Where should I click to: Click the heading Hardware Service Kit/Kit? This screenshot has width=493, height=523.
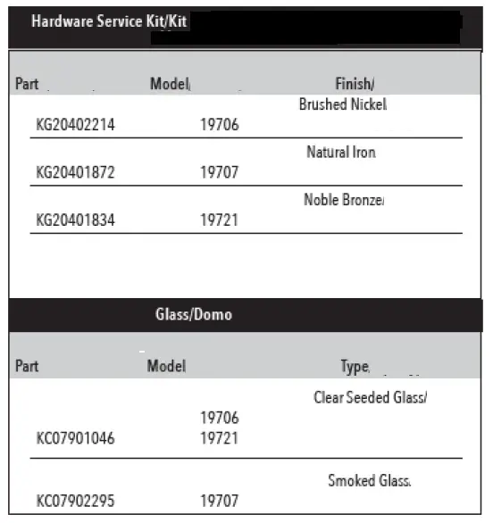109,21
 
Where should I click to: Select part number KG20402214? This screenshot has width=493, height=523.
75,125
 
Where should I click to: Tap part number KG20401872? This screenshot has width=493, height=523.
75,172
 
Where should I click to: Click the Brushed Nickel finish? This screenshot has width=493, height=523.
342,104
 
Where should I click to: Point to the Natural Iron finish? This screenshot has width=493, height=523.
340,152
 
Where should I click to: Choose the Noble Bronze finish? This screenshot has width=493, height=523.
343,199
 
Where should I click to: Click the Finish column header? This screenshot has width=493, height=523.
354,84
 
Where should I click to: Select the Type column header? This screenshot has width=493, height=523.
355,367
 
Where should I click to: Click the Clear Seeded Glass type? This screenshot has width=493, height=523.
370,397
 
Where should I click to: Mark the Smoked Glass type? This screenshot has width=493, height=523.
369,481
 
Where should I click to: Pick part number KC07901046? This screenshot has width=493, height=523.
75,438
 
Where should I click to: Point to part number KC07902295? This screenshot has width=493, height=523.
75,502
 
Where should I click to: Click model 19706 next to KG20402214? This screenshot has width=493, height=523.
219,125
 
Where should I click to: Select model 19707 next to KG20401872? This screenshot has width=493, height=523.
219,172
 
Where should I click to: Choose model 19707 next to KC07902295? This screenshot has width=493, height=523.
219,502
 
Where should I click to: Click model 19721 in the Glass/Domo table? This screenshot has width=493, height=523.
219,438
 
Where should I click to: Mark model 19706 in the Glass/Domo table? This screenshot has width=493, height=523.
219,418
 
